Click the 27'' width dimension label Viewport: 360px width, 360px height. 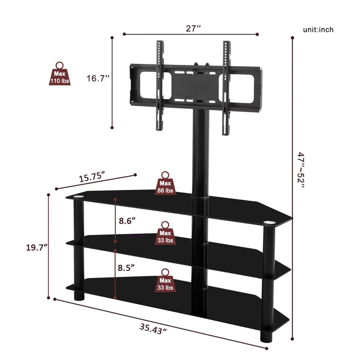[x=193, y=28]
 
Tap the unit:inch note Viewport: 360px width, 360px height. [x=318, y=30]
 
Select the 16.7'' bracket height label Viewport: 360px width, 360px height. [x=99, y=78]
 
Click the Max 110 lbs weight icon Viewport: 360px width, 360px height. [x=59, y=74]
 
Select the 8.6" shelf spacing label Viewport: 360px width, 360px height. [x=128, y=221]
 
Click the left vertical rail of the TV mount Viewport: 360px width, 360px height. [x=158, y=85]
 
